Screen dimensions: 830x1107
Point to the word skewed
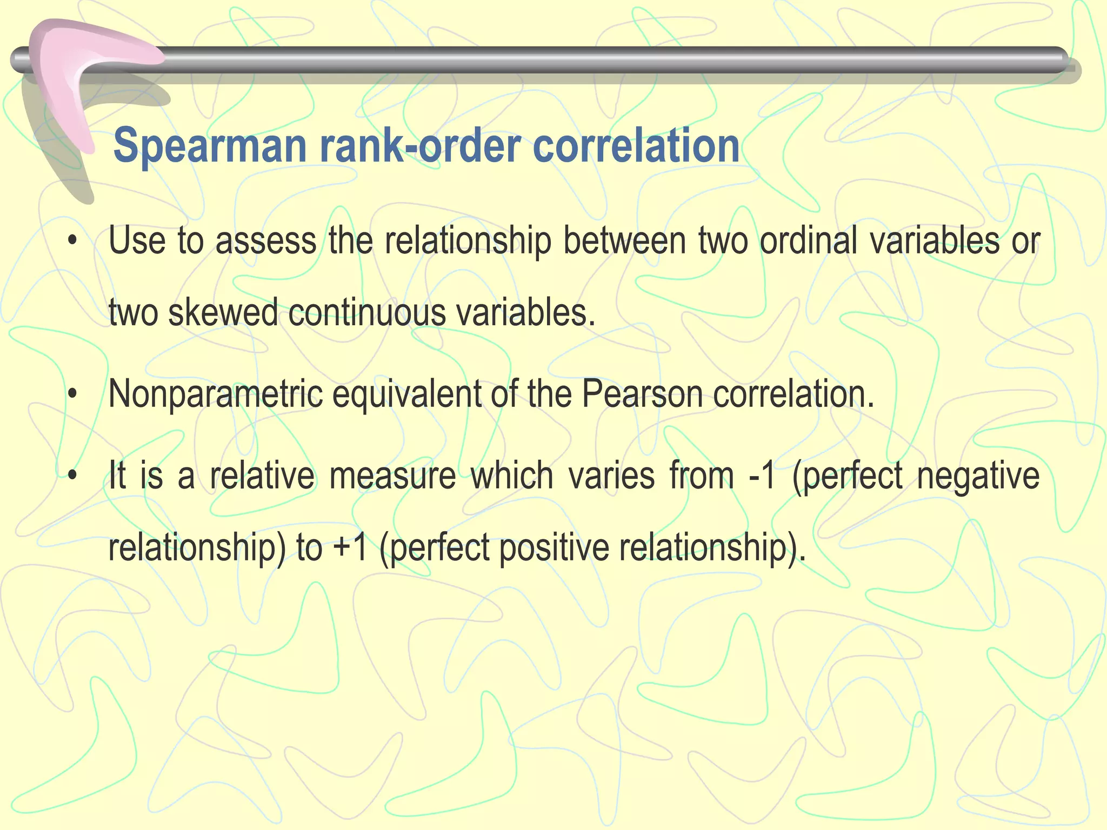click(223, 313)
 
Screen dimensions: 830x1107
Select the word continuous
click(366, 313)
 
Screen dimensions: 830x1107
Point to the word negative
click(978, 476)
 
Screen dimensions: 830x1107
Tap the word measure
click(392, 476)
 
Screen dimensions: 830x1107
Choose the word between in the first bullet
click(625, 240)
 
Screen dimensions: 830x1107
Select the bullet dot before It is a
click(72, 476)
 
